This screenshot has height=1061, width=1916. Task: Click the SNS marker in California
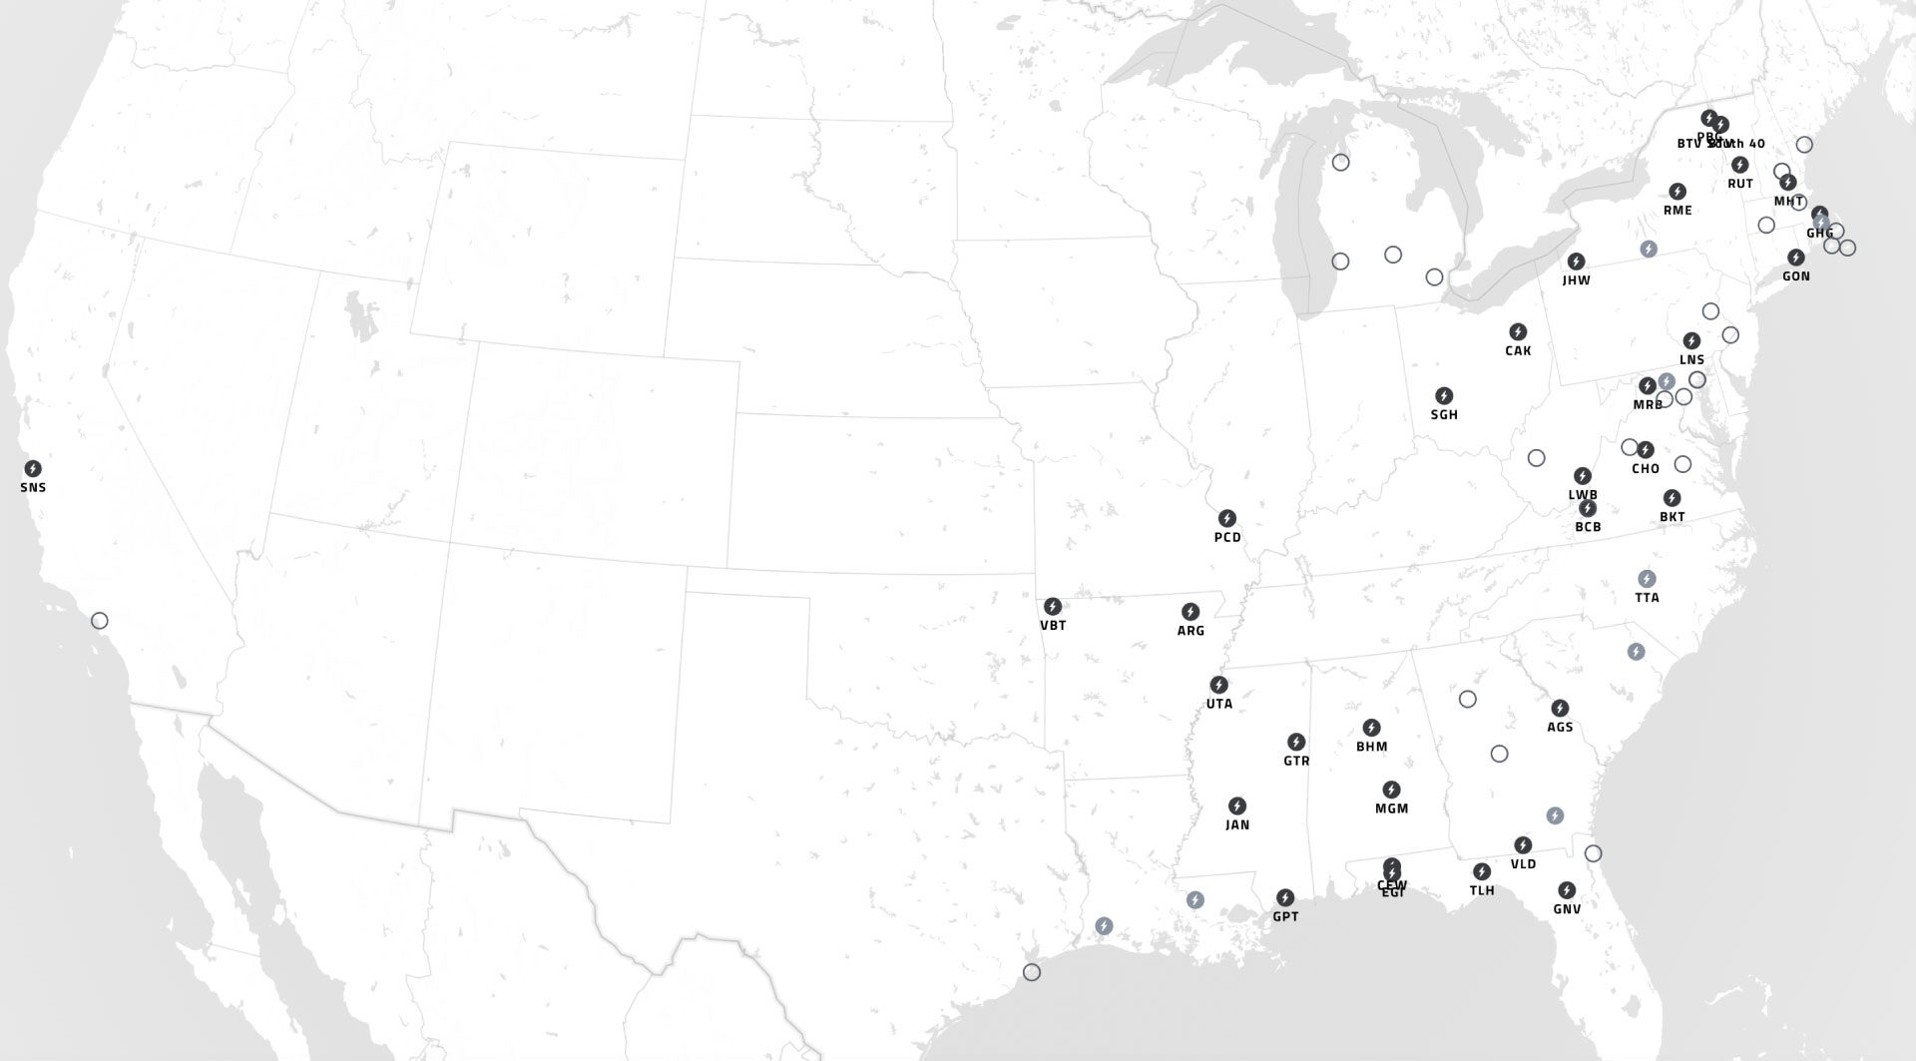tap(33, 468)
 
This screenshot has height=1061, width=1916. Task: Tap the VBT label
tap(1053, 626)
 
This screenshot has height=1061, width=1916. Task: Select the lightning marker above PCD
tap(1227, 518)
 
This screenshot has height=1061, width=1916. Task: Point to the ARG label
tap(1191, 631)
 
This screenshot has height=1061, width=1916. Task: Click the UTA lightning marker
tap(1218, 685)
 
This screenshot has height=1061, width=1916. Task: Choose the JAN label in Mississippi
tap(1237, 825)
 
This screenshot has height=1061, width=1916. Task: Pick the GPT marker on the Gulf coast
tap(1285, 897)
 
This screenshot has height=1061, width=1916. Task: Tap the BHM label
tap(1371, 747)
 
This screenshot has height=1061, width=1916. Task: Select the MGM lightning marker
tap(1391, 790)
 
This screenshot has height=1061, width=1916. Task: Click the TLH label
tap(1482, 890)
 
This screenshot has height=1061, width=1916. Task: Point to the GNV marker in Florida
tap(1567, 889)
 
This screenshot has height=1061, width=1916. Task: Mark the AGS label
tap(1560, 728)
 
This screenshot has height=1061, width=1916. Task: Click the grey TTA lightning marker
tap(1647, 578)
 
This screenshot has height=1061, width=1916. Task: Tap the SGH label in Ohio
tap(1444, 415)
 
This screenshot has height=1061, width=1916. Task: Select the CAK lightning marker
tap(1518, 331)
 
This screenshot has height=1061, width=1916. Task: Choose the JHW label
tap(1577, 280)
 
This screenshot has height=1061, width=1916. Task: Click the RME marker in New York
tap(1677, 191)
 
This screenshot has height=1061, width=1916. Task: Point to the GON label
tap(1796, 276)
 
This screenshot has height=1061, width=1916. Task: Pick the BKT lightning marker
tap(1672, 498)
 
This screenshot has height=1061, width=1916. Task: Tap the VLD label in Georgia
tap(1523, 864)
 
